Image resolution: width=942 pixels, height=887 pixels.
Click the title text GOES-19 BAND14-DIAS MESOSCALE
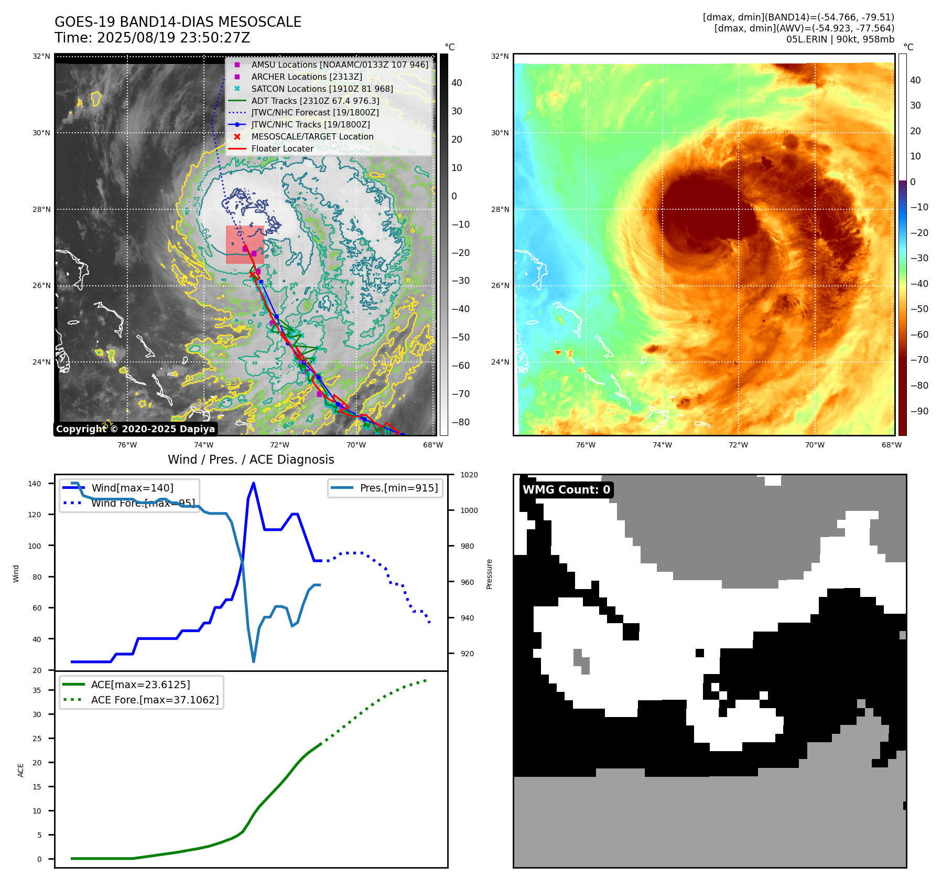point(178,22)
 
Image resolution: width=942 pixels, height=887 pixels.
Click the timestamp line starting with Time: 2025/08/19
point(152,38)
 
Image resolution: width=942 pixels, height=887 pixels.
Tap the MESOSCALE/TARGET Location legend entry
point(312,136)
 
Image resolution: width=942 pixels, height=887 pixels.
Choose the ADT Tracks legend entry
point(315,101)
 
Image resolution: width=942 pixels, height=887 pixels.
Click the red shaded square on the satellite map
point(245,244)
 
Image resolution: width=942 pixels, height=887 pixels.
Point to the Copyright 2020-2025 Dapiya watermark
point(135,429)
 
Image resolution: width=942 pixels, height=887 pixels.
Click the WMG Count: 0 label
point(566,489)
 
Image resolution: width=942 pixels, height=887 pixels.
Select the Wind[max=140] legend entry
point(132,488)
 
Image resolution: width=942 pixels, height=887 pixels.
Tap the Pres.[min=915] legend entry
point(398,488)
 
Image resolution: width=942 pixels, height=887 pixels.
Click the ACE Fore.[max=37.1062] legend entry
point(155,700)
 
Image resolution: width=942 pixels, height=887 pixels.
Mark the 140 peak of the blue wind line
point(254,483)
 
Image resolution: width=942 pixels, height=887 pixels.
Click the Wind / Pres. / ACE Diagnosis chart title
point(251,459)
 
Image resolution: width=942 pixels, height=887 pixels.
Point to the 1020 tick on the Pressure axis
point(469,475)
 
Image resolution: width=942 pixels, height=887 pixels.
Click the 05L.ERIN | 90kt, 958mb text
point(840,39)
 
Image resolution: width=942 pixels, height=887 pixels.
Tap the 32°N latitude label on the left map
point(41,56)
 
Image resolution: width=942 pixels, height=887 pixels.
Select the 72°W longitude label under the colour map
point(738,445)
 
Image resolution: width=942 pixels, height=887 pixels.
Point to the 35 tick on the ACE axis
point(37,690)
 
